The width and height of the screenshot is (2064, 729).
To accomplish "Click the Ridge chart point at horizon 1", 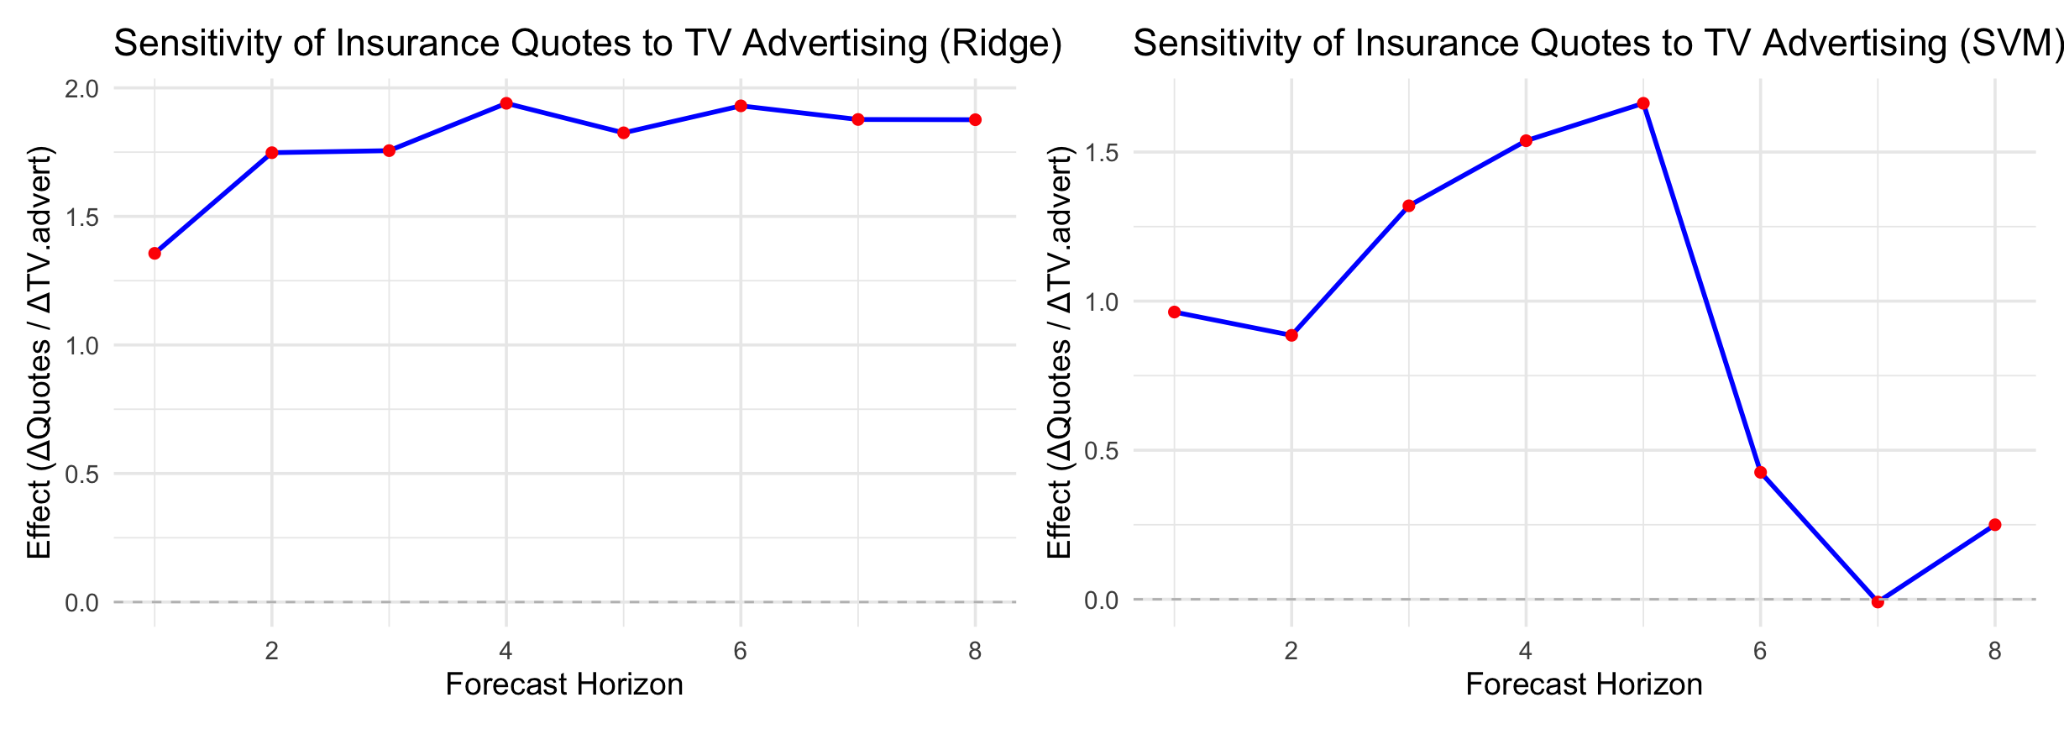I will [155, 254].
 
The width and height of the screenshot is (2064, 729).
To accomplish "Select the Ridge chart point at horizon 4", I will [506, 103].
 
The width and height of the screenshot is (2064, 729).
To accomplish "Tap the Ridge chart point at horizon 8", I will [975, 120].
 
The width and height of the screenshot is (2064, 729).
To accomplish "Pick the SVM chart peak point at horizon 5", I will [1643, 103].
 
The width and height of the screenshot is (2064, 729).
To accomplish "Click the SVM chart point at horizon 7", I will [1878, 601].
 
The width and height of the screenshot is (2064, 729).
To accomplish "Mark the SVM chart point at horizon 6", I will [1761, 473].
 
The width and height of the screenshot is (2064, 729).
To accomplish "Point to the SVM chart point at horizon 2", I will [1291, 335].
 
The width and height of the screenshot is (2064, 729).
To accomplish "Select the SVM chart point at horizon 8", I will [1995, 525].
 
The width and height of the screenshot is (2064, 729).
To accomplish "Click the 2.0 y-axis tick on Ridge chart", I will [81, 89].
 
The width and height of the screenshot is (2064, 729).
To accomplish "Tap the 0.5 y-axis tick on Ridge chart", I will [81, 475].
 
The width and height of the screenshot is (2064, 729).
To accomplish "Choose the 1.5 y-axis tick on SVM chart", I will [1101, 153].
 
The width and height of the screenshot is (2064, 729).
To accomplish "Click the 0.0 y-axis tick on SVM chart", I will [1101, 601].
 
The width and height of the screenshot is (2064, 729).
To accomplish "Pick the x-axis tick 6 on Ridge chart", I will [740, 651].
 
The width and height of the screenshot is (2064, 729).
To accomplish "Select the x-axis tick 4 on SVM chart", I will [1526, 651].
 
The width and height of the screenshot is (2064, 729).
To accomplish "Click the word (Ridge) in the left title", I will [1001, 44].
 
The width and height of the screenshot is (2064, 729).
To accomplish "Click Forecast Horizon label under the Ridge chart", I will [564, 684].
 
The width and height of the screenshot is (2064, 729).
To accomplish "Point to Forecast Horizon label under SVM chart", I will [1584, 684].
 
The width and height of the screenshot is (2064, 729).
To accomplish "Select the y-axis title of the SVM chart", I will [1060, 353].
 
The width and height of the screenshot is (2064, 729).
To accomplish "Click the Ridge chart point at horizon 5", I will [623, 133].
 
